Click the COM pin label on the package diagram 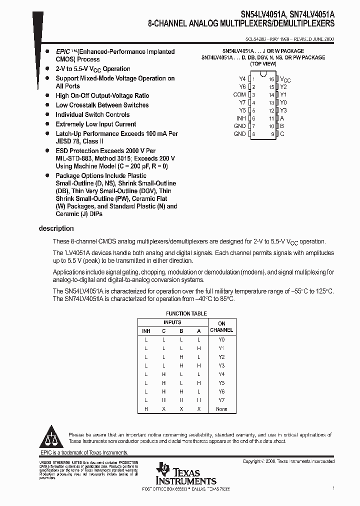click(x=239, y=94)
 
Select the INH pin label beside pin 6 click(x=240, y=118)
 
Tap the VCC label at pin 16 click(x=285, y=79)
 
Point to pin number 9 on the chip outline click(x=272, y=134)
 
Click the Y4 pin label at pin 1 click(x=242, y=79)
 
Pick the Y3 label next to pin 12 click(x=283, y=110)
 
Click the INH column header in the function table click(x=146, y=331)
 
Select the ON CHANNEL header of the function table click(x=221, y=327)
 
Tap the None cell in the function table click(x=221, y=409)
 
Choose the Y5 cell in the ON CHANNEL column click(x=221, y=383)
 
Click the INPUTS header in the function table click(x=172, y=322)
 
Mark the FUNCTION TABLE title click(x=185, y=313)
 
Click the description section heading click(x=56, y=228)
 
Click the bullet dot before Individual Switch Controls click(x=47, y=114)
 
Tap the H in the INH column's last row click(x=146, y=409)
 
